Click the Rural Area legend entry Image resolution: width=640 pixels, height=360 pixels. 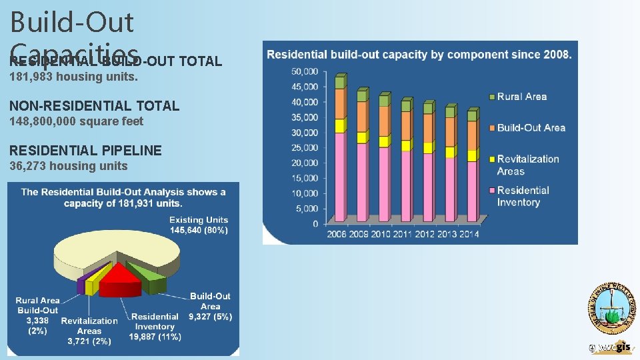(x=521, y=97)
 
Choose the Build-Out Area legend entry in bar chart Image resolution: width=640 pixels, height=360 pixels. (x=531, y=127)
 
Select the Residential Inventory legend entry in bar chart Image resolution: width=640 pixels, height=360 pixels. (x=523, y=196)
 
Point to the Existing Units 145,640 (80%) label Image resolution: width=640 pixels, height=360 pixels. (x=198, y=225)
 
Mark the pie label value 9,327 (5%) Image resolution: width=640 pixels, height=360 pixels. (x=211, y=317)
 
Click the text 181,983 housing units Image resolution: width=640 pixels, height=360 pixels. (x=73, y=77)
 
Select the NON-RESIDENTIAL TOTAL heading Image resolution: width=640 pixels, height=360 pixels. (x=94, y=105)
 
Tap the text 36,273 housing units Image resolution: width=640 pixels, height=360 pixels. (x=68, y=166)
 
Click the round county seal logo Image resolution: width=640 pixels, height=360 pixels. (x=611, y=308)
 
